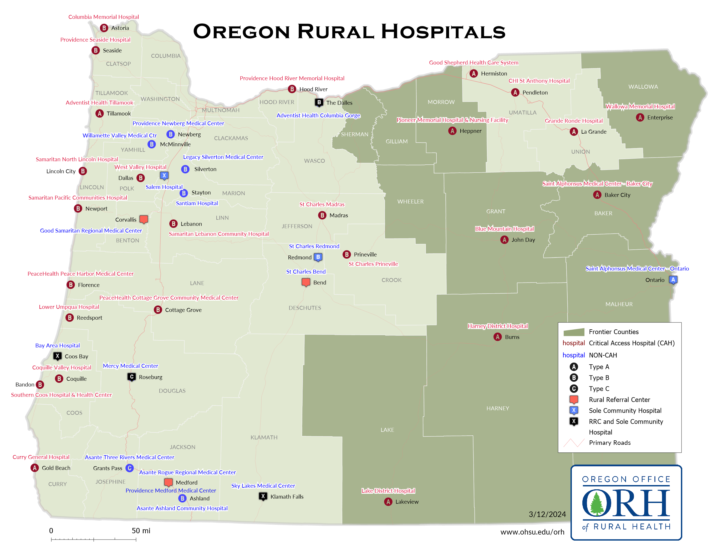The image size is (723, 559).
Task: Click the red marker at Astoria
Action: pos(104,28)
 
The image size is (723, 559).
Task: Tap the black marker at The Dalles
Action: pos(319,102)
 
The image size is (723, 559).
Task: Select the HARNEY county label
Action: pos(498,408)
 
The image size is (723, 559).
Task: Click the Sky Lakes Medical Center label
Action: pos(263,486)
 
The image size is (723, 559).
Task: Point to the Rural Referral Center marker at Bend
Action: pos(306,282)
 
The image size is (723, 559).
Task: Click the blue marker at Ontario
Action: pos(673,280)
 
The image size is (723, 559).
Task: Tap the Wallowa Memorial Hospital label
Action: pos(640,106)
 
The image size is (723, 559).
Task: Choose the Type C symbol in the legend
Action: pos(574,389)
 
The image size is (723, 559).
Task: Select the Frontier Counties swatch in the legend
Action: pos(574,332)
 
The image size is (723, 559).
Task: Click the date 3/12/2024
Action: pos(547,514)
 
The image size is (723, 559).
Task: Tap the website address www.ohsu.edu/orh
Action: pos(532,532)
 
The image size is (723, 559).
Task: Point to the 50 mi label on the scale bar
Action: pos(141,531)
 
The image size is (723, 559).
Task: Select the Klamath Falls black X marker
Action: pos(263,496)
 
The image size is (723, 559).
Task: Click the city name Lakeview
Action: pos(407,502)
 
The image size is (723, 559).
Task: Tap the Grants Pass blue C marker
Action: pos(129,468)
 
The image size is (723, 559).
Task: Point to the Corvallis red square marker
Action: pos(144,219)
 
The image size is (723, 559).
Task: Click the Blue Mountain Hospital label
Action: pos(504,229)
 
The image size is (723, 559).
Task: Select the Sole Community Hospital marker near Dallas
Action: pos(164,175)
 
